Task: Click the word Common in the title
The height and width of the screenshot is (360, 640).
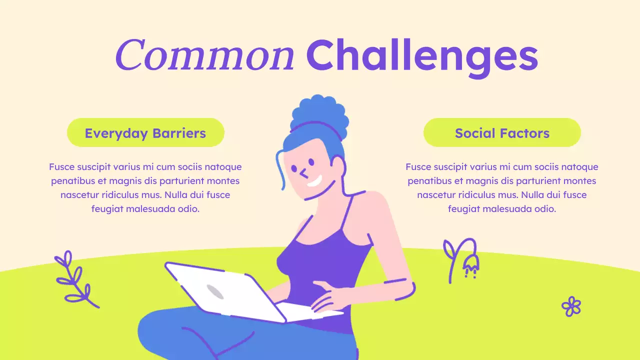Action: coord(204,55)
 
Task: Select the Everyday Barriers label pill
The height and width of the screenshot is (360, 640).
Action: coord(145,133)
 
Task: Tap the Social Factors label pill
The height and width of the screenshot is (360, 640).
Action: coord(502,133)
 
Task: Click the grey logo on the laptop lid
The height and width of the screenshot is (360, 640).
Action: coord(214,291)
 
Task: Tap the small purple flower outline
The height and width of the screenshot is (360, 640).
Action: coord(571,306)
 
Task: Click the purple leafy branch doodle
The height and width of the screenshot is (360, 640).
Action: coord(75,280)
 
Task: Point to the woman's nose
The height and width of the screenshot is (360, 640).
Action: coord(303,173)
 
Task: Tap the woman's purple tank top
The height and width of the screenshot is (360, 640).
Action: coord(325,265)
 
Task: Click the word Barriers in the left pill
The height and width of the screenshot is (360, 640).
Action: coord(179,133)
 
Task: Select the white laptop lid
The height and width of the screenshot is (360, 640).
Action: coord(220,292)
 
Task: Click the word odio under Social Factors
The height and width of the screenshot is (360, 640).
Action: coord(544,209)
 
